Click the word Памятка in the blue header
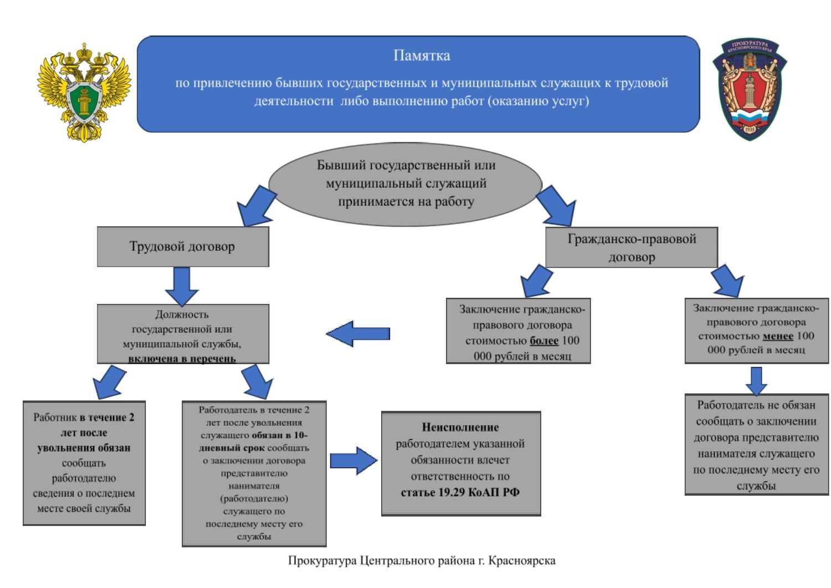pos(422,55)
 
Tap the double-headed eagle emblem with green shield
pos(84,92)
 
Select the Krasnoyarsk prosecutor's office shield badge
pos(750,89)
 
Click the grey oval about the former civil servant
pos(406,184)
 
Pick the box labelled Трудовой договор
pos(183,247)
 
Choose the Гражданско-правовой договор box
pos(632,247)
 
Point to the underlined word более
pos(544,341)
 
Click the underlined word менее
pos(778,336)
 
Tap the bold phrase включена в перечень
pos(182,359)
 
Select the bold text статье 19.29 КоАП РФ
pos(460,492)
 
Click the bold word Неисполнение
pos(460,427)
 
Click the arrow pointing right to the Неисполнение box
pos(353,461)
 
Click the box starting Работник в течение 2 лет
pos(84,463)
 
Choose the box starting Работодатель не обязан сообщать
pos(756,445)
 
